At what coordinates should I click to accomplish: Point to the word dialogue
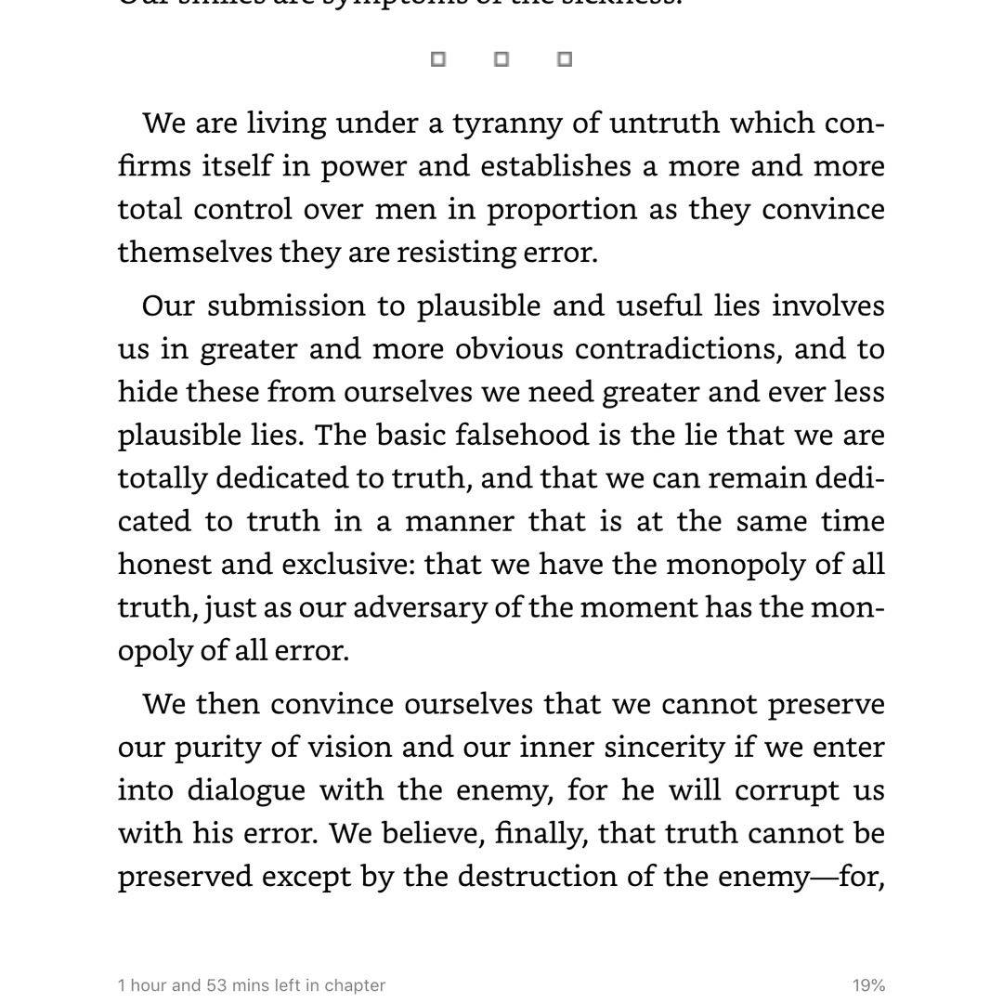246,790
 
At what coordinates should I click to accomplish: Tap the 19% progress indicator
868,985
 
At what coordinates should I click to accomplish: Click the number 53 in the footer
217,985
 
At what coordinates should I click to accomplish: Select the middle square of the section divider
501,59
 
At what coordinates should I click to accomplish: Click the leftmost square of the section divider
438,59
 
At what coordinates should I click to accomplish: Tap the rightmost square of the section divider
564,59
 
